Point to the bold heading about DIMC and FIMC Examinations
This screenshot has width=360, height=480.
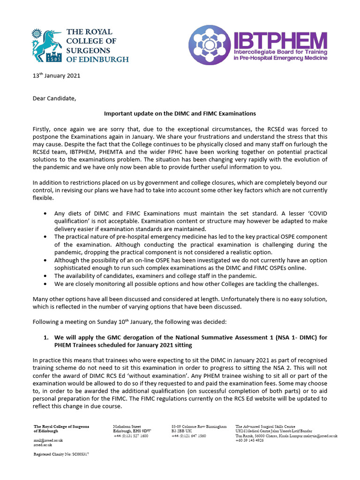pyautogui.click(x=180, y=113)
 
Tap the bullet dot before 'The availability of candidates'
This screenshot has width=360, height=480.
pyautogui.click(x=45, y=276)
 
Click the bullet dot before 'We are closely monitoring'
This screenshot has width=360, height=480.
pyautogui.click(x=45, y=284)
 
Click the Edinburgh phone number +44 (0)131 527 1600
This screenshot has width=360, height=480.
pyautogui.click(x=131, y=435)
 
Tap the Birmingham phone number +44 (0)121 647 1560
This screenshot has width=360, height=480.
pyautogui.click(x=188, y=435)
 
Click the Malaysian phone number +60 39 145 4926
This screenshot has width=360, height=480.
pyautogui.click(x=250, y=440)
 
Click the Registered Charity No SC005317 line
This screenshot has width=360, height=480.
pyautogui.click(x=61, y=455)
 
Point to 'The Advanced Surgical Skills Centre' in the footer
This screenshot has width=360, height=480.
pyautogui.click(x=265, y=427)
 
